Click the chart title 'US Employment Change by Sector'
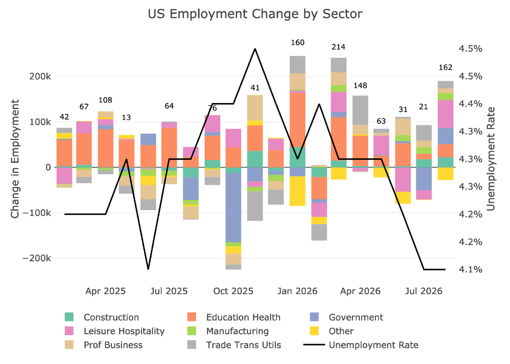click(255, 14)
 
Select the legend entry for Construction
click(102, 317)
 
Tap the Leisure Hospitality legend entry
click(115, 331)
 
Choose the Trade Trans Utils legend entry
click(234, 345)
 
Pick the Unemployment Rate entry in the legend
click(361, 345)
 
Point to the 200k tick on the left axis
click(40, 77)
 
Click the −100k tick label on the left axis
click(36, 213)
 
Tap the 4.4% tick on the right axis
click(470, 104)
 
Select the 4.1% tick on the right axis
click(470, 269)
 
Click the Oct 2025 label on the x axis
click(233, 291)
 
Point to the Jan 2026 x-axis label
click(297, 291)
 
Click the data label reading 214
click(338, 47)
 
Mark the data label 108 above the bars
click(106, 100)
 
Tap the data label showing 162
click(445, 67)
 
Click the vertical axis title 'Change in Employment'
click(15, 159)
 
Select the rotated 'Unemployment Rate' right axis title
click(491, 159)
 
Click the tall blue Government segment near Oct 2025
click(233, 208)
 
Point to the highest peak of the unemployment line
click(255, 49)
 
